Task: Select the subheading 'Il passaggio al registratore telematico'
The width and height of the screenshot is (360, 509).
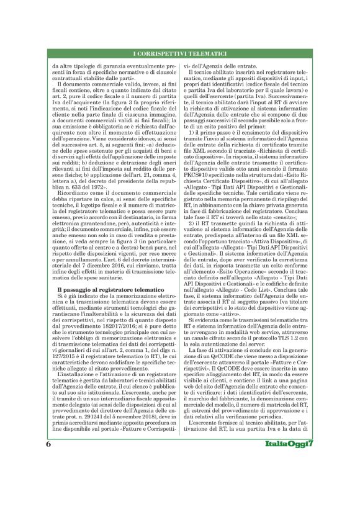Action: coord(102,290)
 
